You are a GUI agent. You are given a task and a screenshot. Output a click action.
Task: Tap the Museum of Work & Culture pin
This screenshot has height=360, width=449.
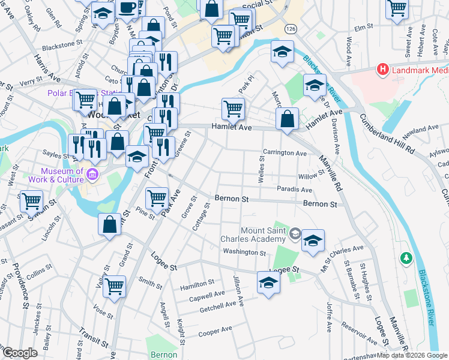(x=92, y=175)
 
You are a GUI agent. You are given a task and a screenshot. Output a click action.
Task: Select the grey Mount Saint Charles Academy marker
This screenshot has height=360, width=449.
(x=295, y=233)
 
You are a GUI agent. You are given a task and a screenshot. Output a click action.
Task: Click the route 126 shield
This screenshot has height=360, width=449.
(x=291, y=29)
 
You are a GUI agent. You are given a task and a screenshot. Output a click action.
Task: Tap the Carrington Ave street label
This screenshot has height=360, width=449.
(x=285, y=153)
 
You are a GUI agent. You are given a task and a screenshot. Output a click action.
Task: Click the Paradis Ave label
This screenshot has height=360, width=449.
(x=294, y=190)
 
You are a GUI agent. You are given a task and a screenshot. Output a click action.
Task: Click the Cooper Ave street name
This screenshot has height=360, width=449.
(x=215, y=330)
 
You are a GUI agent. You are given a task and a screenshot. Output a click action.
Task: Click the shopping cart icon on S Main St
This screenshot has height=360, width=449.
(x=31, y=200)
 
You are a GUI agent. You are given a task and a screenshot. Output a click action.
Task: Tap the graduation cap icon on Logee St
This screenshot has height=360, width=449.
(x=268, y=282)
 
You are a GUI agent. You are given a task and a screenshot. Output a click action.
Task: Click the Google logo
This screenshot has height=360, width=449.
(x=20, y=353)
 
